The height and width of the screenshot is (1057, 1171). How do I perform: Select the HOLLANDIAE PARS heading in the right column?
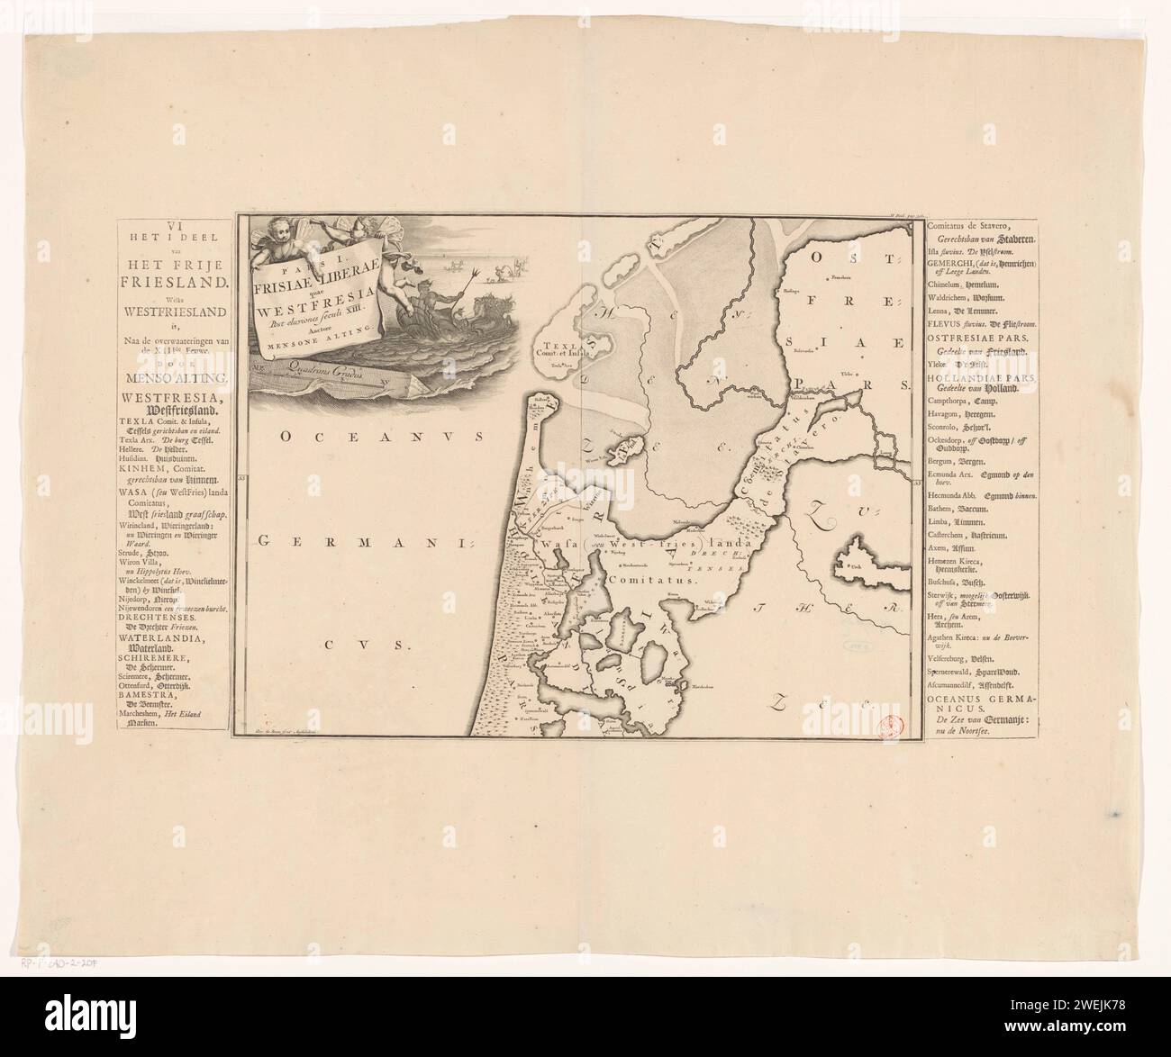coord(982,379)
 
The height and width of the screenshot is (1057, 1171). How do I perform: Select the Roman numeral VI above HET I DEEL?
coord(172,224)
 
